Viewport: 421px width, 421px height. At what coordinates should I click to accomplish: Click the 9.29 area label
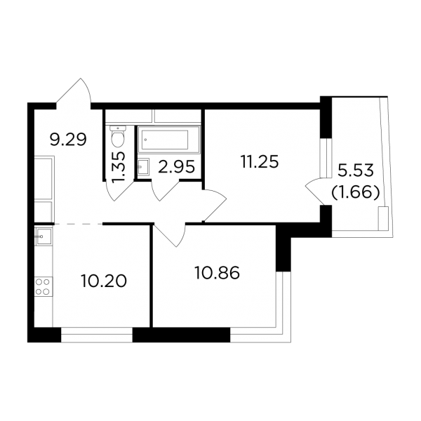(69, 140)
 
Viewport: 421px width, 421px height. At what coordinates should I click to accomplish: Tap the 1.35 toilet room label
(118, 168)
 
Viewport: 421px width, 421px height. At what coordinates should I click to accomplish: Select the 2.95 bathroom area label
(176, 167)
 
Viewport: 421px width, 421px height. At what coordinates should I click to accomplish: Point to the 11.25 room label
(260, 162)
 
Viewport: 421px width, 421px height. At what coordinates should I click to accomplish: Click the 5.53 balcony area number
(356, 171)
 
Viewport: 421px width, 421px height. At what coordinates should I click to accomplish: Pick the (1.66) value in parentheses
(356, 193)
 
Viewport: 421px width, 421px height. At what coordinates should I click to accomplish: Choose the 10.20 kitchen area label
(103, 281)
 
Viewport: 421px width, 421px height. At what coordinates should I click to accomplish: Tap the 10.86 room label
(217, 274)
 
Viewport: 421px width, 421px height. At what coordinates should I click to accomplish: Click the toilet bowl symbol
(118, 136)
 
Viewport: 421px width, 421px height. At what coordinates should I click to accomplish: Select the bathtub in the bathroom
(169, 140)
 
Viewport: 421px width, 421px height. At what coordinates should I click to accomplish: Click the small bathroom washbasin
(143, 167)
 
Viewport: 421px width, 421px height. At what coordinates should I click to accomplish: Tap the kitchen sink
(44, 236)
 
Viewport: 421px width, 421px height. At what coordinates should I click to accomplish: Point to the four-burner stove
(44, 287)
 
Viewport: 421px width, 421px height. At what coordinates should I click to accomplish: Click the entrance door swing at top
(74, 93)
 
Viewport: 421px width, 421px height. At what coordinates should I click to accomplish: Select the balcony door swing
(318, 191)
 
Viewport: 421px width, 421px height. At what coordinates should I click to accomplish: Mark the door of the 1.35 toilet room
(120, 190)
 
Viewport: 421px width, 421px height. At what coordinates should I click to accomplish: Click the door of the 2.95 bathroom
(165, 191)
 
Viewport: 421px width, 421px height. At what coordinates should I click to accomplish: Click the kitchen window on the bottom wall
(97, 335)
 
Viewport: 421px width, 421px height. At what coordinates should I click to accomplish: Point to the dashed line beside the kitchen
(79, 223)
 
